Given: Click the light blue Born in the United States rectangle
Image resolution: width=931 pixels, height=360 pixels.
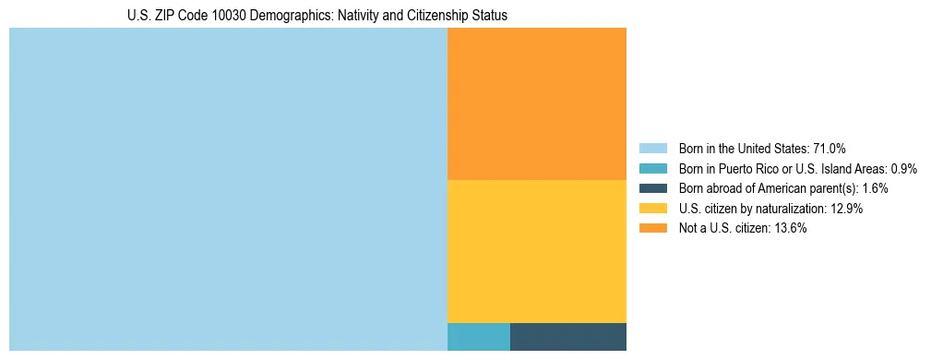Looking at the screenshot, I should click(228, 189).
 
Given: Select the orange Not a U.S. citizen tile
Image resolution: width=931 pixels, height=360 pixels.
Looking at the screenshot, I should click(536, 103).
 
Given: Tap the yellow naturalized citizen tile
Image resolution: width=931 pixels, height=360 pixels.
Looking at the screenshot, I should click(536, 251).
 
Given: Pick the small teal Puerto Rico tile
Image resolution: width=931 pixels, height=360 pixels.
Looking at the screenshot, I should click(478, 337).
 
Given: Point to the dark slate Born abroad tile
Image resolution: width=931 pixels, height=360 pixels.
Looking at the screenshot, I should click(567, 337).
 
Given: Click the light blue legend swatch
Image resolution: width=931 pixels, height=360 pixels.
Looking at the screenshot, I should click(652, 148).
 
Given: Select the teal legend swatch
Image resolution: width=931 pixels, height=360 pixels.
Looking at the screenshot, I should click(652, 168).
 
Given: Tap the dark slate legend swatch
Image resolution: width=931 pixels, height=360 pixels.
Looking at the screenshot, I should click(652, 188).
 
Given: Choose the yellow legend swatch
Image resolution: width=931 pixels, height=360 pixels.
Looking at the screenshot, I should click(652, 209).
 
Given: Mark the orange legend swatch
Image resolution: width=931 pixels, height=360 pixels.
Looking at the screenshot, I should click(652, 229).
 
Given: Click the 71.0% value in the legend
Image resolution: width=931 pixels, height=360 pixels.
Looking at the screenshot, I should click(830, 148).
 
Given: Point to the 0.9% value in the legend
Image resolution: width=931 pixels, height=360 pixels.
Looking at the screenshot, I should click(903, 168).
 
